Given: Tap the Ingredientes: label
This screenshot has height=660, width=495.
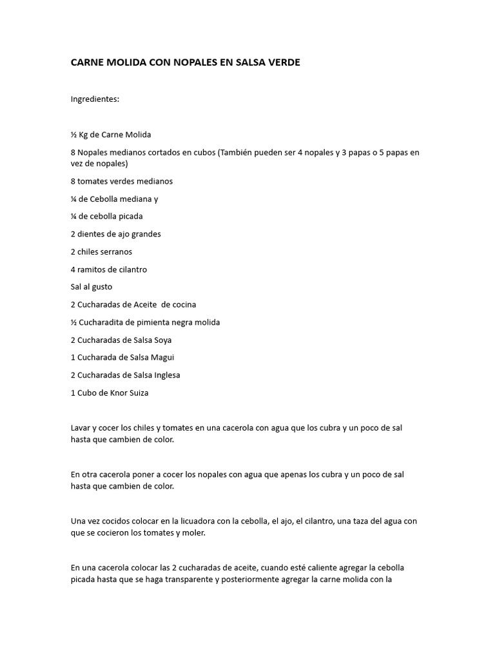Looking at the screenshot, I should (x=95, y=99).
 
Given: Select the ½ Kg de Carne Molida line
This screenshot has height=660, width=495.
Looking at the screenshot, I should (x=111, y=135).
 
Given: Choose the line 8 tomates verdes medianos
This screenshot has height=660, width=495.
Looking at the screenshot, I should (x=122, y=181).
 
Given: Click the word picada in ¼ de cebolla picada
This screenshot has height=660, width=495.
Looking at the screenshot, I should (x=130, y=217).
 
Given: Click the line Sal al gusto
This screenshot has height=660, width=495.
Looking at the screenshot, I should (x=92, y=287).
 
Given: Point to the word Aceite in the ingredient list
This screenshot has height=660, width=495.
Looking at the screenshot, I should (x=144, y=304).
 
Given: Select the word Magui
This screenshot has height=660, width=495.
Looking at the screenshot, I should (x=162, y=357).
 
